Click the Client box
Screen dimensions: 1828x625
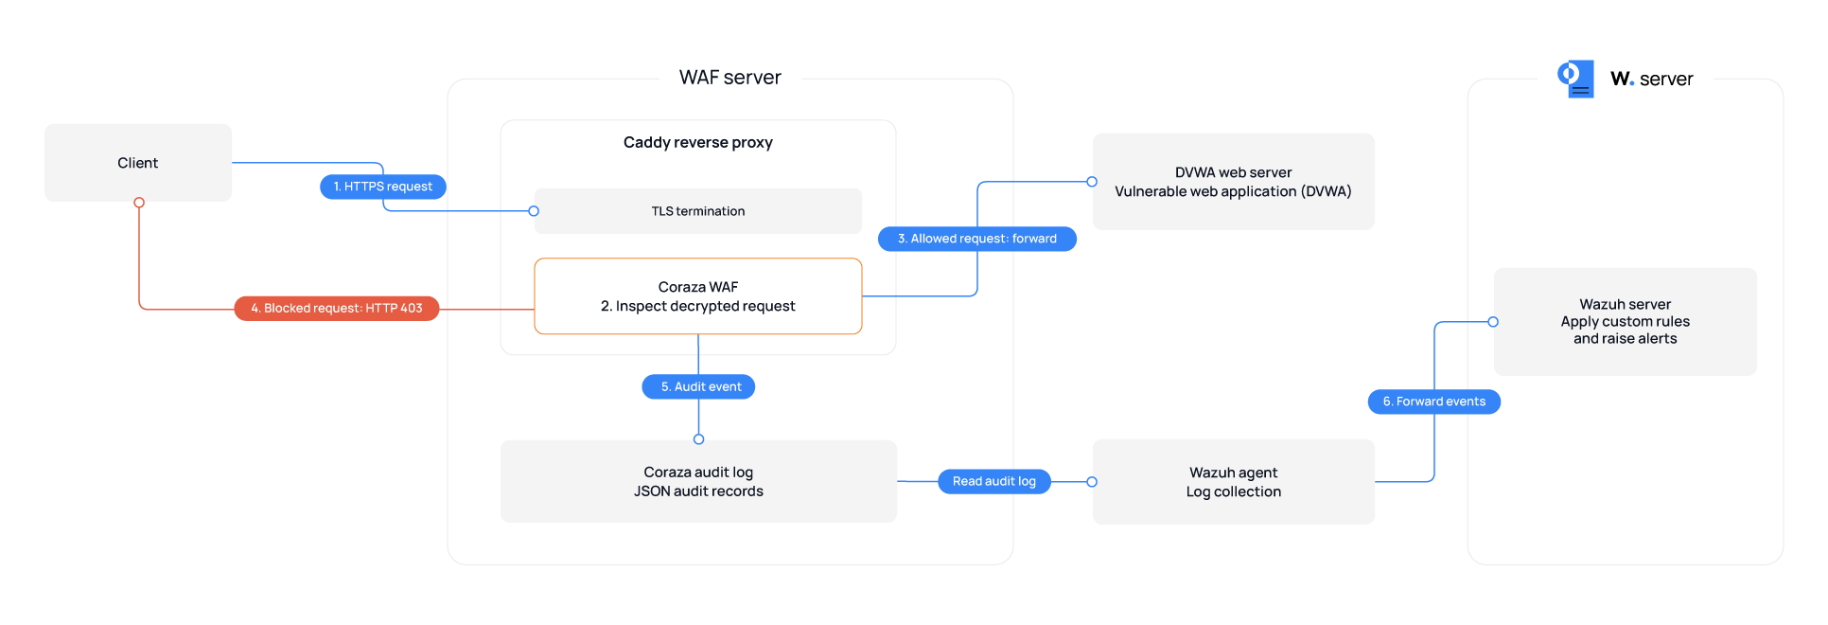[138, 163]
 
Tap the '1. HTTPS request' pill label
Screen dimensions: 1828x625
[383, 187]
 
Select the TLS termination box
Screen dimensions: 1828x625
[698, 211]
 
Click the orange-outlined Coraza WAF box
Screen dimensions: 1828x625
[698, 296]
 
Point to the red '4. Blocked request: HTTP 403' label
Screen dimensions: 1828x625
[337, 309]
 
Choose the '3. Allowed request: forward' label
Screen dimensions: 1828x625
[977, 239]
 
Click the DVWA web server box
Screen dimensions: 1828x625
[1234, 182]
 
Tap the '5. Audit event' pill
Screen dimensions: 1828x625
[698, 386]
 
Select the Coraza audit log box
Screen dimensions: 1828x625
[698, 481]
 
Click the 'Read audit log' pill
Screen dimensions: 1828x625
[994, 481]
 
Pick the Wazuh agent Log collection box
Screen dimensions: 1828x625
[1234, 482]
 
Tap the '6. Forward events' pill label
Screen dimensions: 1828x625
[1434, 402]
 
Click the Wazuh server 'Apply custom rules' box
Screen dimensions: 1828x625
[1626, 322]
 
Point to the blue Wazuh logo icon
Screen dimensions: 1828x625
[1575, 79]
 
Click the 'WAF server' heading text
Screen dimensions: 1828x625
[730, 78]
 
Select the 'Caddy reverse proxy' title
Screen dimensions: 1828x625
[698, 142]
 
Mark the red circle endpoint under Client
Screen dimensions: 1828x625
[139, 203]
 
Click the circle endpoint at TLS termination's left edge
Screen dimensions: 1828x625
[534, 211]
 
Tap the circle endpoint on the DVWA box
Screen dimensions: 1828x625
[1092, 182]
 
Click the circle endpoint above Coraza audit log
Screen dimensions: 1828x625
[698, 439]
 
